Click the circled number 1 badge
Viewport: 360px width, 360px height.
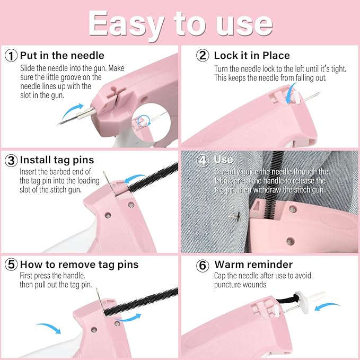(11, 56)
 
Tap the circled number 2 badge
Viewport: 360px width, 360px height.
(201, 56)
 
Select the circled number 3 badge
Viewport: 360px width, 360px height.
(11, 160)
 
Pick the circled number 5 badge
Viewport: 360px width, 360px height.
(11, 265)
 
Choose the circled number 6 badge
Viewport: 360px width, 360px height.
(201, 265)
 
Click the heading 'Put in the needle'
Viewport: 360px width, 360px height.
(62, 56)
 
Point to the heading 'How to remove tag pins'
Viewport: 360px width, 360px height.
(79, 265)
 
